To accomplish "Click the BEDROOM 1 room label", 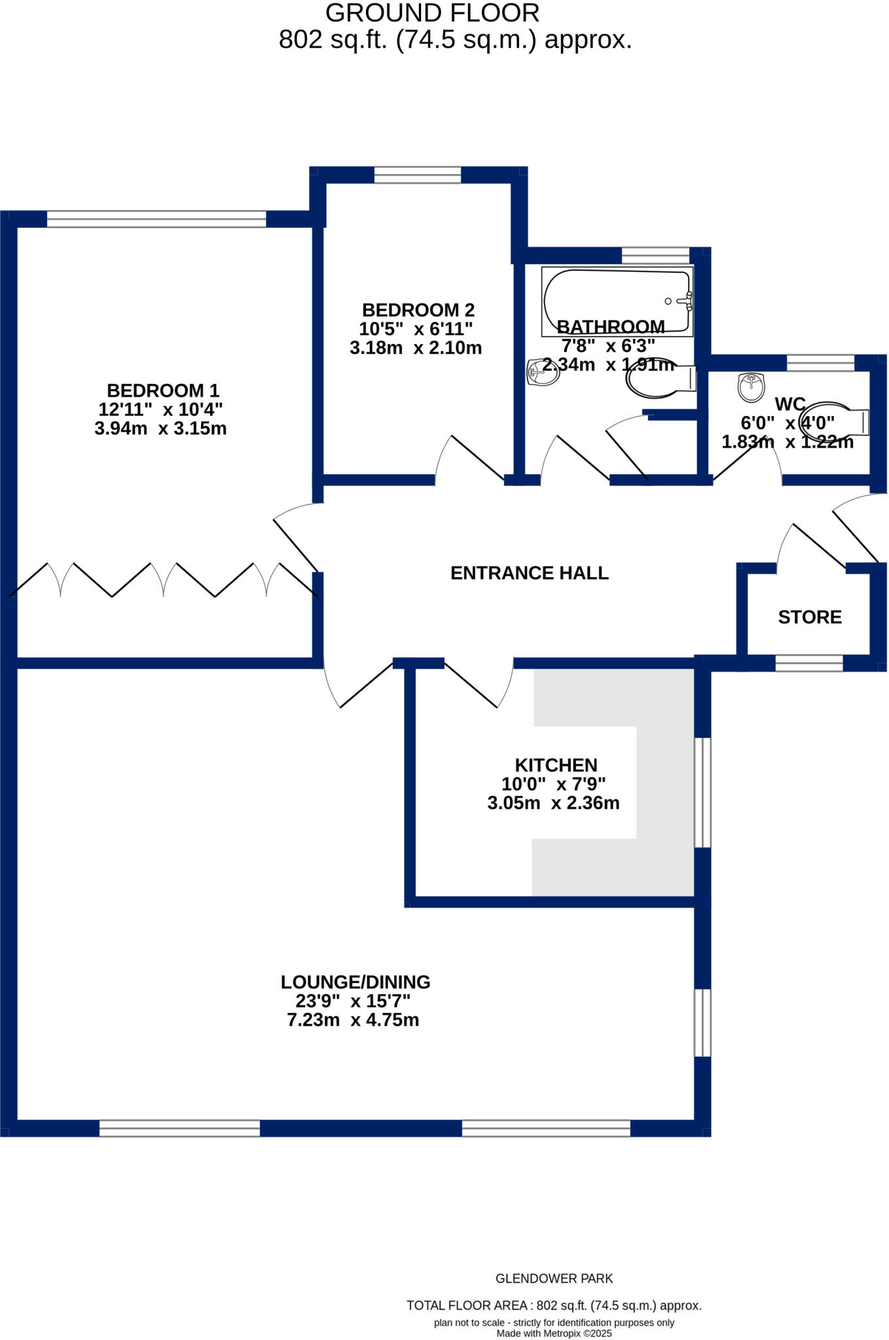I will pyautogui.click(x=162, y=391).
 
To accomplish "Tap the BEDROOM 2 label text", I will pyautogui.click(x=418, y=310).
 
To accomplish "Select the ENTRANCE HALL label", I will pyautogui.click(x=529, y=573).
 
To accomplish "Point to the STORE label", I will pyautogui.click(x=809, y=617).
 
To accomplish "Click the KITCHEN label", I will pyautogui.click(x=556, y=765).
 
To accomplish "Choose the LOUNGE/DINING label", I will pyautogui.click(x=355, y=982).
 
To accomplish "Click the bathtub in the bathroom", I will pyautogui.click(x=616, y=300).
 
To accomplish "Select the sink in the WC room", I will pyautogui.click(x=751, y=387).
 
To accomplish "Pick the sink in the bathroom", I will pyautogui.click(x=543, y=372).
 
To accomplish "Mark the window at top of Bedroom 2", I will pyautogui.click(x=417, y=175).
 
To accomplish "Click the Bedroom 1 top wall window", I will pyautogui.click(x=156, y=219).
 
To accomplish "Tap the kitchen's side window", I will pyautogui.click(x=702, y=792).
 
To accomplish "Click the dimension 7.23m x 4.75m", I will pyautogui.click(x=353, y=1020).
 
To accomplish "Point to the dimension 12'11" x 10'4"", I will pyautogui.click(x=160, y=410).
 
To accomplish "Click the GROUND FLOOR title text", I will pyautogui.click(x=432, y=13).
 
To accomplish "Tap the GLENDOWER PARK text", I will pyautogui.click(x=554, y=1278).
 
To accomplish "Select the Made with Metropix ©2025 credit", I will pyautogui.click(x=554, y=1333).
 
